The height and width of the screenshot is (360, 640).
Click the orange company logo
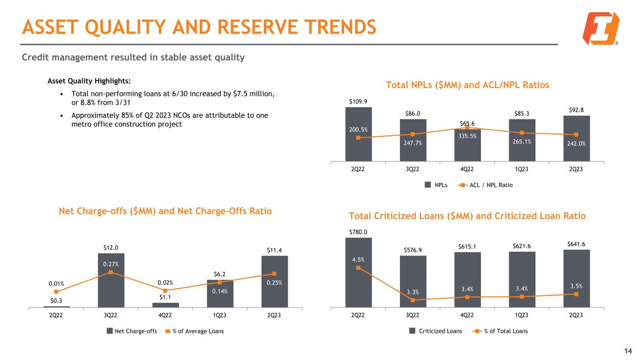pos(601,28)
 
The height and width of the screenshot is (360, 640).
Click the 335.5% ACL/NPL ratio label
pos(467,136)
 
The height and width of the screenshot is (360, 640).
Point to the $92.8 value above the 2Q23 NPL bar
pos(576,111)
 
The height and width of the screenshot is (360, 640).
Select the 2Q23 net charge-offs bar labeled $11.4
pos(274,281)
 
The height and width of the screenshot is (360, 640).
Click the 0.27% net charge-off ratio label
pos(111,264)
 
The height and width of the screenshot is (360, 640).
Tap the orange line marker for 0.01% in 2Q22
pos(56,292)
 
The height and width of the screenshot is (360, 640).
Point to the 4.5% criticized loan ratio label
pos(358,259)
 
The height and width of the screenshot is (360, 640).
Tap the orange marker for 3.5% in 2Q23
pos(576,294)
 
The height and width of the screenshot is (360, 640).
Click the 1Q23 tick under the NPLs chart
pos(522,169)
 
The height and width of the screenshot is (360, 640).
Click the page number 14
pos(628,351)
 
